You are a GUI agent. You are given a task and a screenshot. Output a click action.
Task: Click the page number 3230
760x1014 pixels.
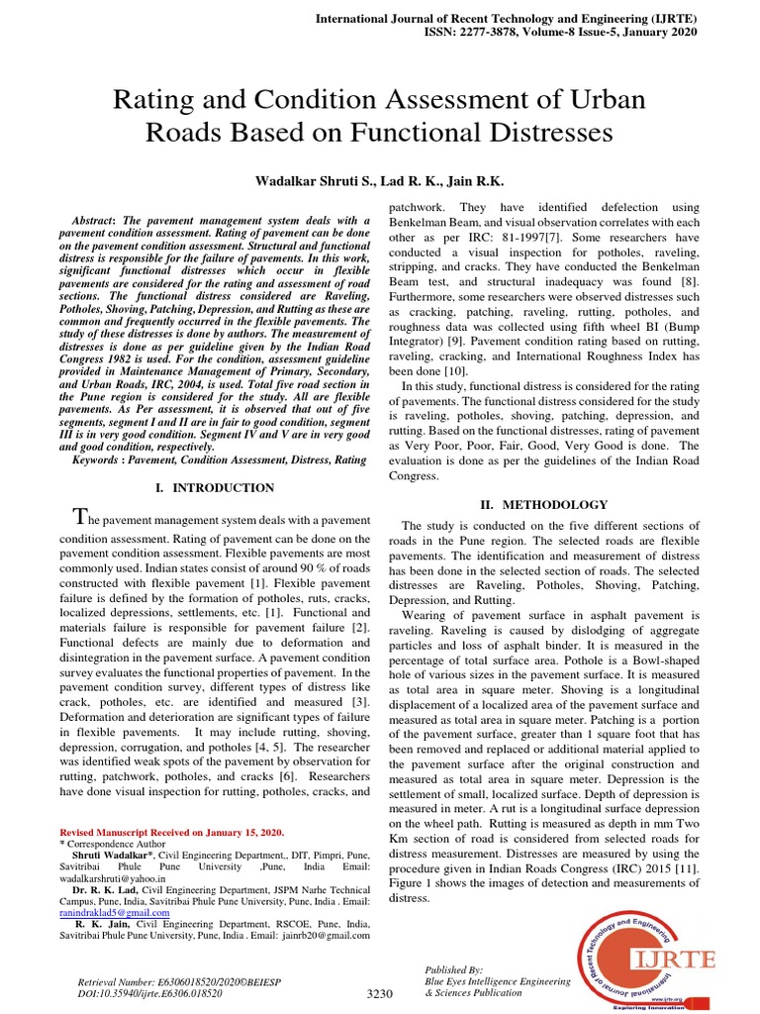[380, 994]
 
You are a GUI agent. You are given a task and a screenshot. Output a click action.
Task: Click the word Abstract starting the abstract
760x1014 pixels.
[98, 220]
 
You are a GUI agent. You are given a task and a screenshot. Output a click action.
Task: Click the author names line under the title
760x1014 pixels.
[379, 182]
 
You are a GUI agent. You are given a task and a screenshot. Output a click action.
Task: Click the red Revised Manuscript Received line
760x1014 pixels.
[171, 834]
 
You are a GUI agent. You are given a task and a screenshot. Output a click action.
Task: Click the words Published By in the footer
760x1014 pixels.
[453, 970]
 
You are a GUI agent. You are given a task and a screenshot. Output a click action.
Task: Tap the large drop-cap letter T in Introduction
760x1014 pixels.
[82, 516]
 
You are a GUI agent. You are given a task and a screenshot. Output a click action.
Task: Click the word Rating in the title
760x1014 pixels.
[164, 100]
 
